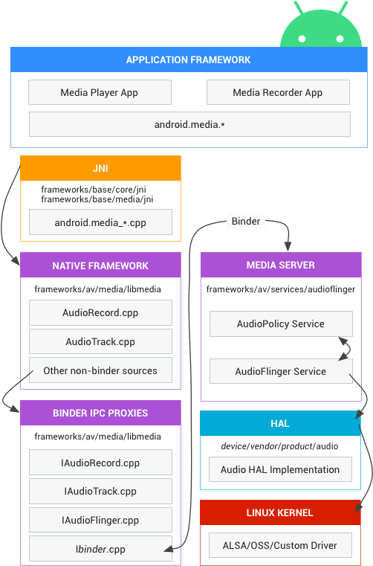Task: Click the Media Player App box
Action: pyautogui.click(x=100, y=92)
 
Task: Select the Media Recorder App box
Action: pyautogui.click(x=278, y=92)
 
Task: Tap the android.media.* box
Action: pyautogui.click(x=189, y=124)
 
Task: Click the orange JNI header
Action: pyautogui.click(x=100, y=168)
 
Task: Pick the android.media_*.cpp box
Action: pyautogui.click(x=100, y=222)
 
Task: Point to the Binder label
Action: pyautogui.click(x=246, y=221)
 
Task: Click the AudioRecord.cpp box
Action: pyautogui.click(x=100, y=312)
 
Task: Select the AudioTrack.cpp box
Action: pyautogui.click(x=100, y=341)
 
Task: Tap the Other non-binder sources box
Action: pyautogui.click(x=100, y=370)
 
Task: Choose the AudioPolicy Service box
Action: pyautogui.click(x=281, y=324)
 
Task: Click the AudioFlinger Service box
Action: pyautogui.click(x=281, y=371)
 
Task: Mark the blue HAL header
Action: pyautogui.click(x=280, y=423)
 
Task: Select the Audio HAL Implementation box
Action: pyautogui.click(x=280, y=469)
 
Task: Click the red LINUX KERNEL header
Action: pyautogui.click(x=280, y=512)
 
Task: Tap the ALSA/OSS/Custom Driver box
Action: pyautogui.click(x=280, y=545)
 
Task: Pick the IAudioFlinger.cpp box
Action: pyautogui.click(x=100, y=520)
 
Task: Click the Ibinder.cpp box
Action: pyautogui.click(x=100, y=549)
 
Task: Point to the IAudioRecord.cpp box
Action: pyautogui.click(x=100, y=463)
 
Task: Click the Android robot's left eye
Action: pyautogui.click(x=302, y=39)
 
